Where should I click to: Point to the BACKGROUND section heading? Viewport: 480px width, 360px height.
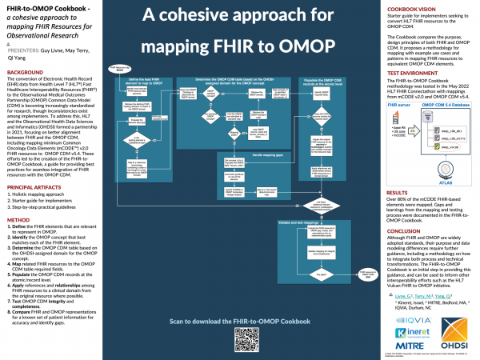click(25, 72)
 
